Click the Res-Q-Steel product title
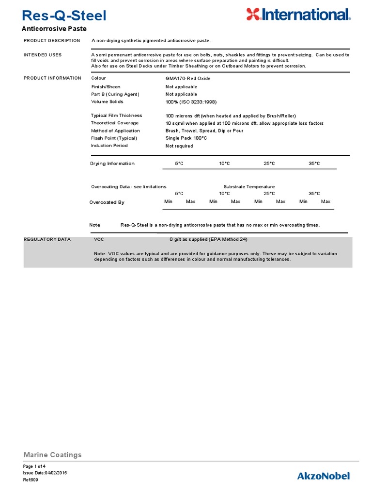pos(64,16)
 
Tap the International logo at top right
pos(297,15)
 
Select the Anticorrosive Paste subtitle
pos(55,29)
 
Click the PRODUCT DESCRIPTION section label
pos(52,40)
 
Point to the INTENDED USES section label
pos(43,55)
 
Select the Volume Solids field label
pos(107,102)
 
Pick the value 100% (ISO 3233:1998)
pos(191,102)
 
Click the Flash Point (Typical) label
pos(114,138)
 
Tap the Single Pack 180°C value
pos(186,138)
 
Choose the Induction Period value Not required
pos(179,146)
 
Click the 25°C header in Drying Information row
pos(269,164)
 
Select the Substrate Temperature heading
pos(249,186)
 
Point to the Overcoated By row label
pos(107,202)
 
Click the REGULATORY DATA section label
pos(47,239)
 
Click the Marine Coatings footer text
pos(52,455)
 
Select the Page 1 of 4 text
pos(34,466)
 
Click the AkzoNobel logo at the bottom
pos(323,476)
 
